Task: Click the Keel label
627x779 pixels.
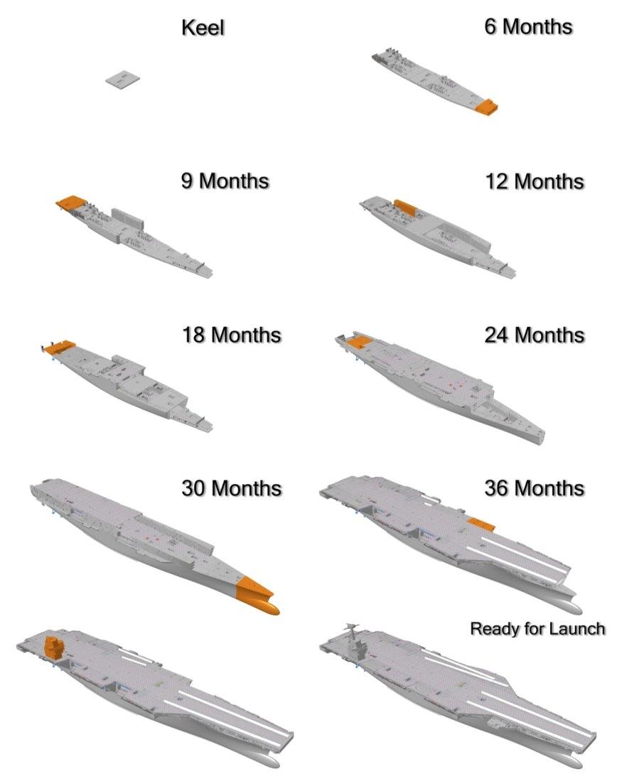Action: (x=203, y=27)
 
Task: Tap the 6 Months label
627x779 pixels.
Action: (x=528, y=26)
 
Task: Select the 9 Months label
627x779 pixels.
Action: (x=225, y=181)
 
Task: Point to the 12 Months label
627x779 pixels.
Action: (x=535, y=181)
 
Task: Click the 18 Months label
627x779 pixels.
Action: (x=232, y=335)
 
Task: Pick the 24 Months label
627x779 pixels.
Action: (x=535, y=335)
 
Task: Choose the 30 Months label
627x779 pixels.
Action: (x=232, y=488)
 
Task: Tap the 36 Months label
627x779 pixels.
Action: (x=535, y=488)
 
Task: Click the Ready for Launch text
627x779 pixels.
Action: (x=537, y=629)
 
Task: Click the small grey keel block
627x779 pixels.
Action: (x=122, y=80)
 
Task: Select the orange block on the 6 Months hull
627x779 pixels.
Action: (x=486, y=107)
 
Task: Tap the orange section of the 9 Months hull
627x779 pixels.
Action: (x=71, y=202)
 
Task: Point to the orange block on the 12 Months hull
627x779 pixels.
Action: (x=405, y=207)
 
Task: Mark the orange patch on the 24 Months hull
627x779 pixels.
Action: (x=359, y=340)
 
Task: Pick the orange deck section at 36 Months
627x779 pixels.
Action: (x=481, y=524)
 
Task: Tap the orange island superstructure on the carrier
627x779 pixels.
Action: (x=53, y=648)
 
